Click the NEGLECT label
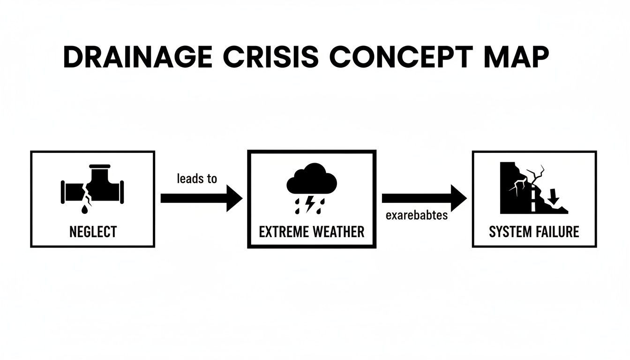93,232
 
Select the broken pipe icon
92,187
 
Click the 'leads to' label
197,179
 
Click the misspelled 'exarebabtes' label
416,216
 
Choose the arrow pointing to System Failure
424,198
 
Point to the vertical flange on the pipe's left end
63,191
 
